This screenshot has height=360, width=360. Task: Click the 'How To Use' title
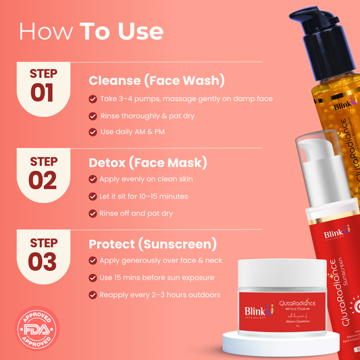91,31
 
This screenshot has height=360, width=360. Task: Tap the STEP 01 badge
43,86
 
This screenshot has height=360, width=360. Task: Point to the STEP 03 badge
43,254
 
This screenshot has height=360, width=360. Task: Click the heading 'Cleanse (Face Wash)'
157,80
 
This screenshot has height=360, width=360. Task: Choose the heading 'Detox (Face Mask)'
147,163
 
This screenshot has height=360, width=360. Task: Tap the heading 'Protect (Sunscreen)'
153,243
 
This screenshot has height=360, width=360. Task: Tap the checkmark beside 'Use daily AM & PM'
93,132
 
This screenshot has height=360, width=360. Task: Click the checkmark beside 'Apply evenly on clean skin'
93,180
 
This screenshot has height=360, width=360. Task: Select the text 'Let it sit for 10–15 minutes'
144,197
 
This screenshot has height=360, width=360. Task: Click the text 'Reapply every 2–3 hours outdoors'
161,294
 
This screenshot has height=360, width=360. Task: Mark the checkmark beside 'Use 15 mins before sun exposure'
93,278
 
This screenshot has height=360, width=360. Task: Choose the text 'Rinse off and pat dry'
137,213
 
